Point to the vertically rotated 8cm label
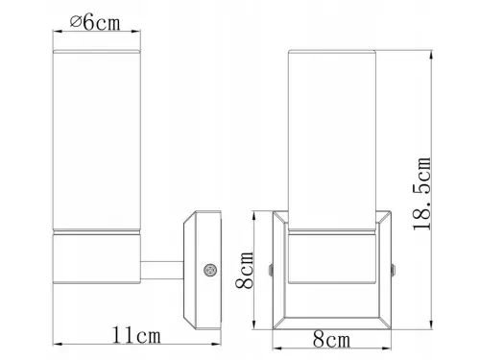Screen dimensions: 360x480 coord(247,270)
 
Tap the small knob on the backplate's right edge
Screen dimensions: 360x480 coord(394,269)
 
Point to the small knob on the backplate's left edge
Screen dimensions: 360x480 coord(275,269)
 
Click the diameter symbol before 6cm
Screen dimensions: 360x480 coord(76,22)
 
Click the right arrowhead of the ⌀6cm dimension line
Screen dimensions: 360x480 coord(135,33)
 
